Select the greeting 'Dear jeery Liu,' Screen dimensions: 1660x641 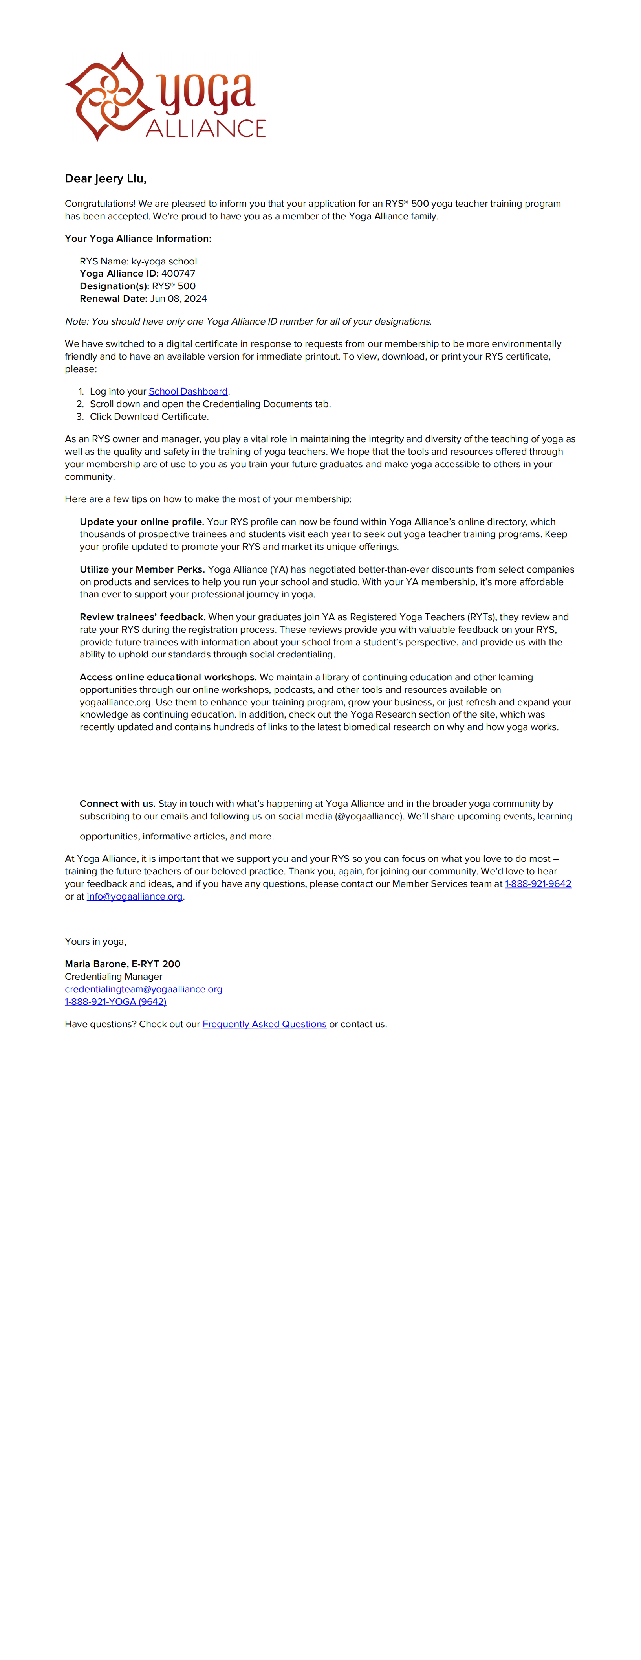106,178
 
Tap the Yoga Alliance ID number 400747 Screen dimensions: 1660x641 178,273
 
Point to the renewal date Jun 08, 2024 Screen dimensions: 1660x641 178,298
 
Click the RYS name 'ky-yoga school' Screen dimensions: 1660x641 164,261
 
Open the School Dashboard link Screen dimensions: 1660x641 188,391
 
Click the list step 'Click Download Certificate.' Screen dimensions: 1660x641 149,416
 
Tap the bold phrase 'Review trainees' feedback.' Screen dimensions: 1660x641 142,617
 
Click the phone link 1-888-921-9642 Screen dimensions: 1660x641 538,883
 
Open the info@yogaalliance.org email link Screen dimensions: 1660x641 135,896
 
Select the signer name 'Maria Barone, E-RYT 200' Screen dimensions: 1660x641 123,963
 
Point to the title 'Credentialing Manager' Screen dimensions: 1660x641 114,976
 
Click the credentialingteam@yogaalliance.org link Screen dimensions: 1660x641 144,989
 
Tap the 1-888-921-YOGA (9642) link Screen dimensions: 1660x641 115,1001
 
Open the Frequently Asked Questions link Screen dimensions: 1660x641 264,1024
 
